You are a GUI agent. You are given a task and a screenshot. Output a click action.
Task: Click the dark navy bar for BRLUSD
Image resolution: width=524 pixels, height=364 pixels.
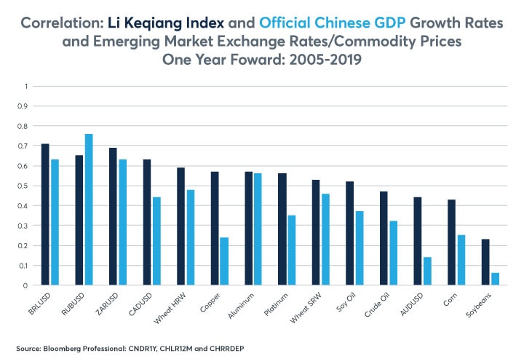pos(45,215)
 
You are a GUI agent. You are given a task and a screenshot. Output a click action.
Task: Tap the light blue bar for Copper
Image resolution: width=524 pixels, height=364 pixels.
pos(223,261)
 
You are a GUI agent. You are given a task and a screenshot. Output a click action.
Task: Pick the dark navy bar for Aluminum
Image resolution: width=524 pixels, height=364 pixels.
pos(249,229)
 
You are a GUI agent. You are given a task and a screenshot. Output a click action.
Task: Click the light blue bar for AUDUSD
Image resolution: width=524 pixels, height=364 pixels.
pos(426,272)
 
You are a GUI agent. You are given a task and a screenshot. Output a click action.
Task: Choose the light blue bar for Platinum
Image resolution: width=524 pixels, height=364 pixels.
pos(291,250)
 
